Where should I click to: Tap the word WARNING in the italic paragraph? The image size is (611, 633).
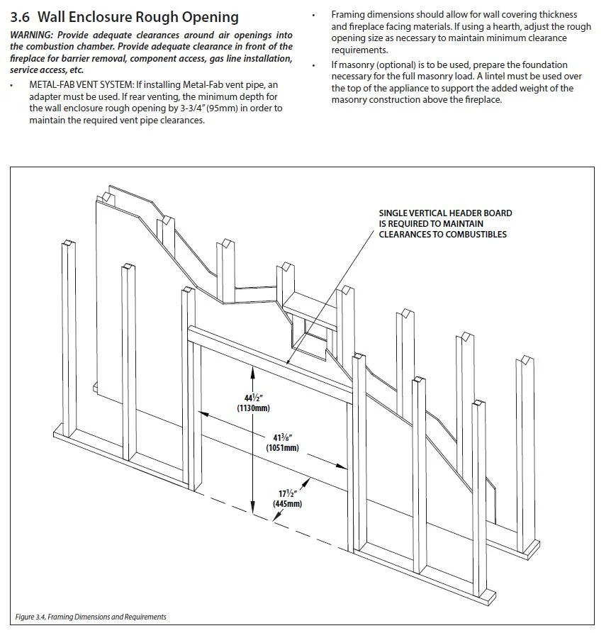tap(32, 35)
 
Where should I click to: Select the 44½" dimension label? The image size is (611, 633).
tap(252, 397)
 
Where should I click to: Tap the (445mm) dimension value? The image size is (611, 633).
tap(287, 503)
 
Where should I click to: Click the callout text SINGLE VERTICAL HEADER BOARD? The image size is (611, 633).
tap(445, 213)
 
